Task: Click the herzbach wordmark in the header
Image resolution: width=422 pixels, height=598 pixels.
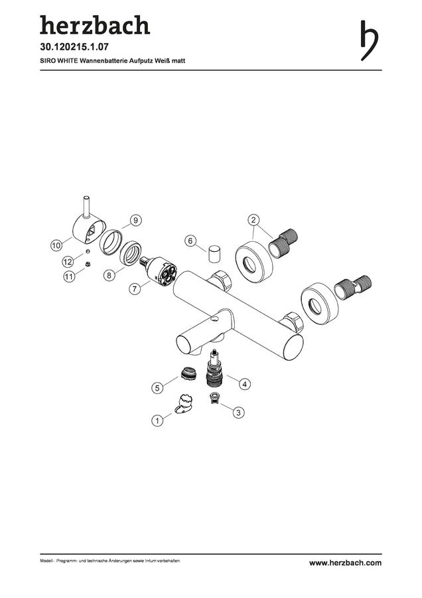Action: coord(95,25)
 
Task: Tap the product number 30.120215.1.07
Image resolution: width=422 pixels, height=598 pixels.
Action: coord(74,47)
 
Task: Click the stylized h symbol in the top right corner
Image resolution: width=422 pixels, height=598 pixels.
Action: coord(369,41)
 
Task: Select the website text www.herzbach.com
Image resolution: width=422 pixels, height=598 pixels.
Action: coord(345,563)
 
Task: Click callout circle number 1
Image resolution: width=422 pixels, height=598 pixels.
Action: coord(157,421)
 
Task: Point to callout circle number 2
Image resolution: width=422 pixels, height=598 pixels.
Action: coord(254,220)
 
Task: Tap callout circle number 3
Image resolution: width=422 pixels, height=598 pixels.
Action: coord(238,412)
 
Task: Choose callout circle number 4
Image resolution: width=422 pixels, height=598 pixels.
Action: coord(245,383)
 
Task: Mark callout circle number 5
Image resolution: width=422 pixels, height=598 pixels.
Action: coord(157,388)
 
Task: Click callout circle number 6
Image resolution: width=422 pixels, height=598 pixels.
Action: coord(191,241)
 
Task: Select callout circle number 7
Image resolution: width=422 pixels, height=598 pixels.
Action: coord(135,289)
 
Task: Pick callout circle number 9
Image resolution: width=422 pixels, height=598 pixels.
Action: coord(135,221)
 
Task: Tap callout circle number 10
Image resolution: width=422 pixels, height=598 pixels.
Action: coord(56,245)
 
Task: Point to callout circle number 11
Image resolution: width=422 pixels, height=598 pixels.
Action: coord(69,276)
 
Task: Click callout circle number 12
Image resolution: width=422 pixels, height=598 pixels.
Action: coord(68,262)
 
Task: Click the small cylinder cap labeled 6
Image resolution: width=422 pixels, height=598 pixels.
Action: coord(214,253)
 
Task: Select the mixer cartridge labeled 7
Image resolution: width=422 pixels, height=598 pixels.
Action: coord(159,270)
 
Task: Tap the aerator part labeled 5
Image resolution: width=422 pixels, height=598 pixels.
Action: coord(188,373)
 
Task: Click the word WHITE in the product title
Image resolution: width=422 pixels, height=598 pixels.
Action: coord(66,60)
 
